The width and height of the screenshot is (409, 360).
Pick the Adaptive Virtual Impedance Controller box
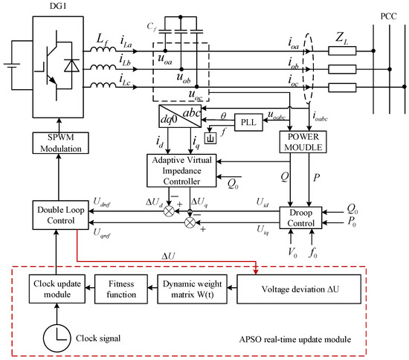pyautogui.click(x=181, y=170)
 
